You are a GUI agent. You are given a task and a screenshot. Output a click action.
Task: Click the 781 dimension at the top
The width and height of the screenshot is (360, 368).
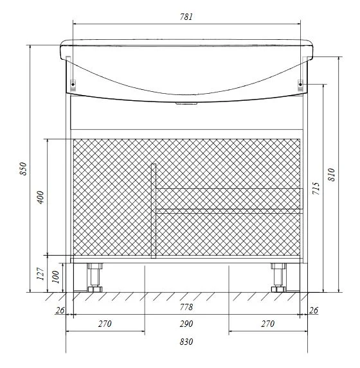tap(186, 17)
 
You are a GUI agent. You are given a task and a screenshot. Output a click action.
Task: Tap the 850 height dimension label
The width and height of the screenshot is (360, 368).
tap(24, 168)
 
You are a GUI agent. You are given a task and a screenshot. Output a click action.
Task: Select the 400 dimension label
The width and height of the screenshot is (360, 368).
tap(40, 197)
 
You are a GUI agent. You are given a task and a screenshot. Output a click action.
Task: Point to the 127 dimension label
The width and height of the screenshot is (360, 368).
tap(40, 274)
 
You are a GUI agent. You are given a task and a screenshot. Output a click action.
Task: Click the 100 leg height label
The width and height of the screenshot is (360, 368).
tap(55, 277)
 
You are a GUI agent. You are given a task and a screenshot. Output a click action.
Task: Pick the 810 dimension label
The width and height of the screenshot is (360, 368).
tap(331, 175)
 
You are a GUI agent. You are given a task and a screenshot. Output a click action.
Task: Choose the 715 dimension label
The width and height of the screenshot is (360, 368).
tap(316, 188)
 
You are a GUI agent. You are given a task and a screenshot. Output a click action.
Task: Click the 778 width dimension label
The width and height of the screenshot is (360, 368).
tap(186, 307)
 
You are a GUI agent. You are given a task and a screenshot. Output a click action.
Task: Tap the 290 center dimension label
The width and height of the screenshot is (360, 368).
tap(186, 324)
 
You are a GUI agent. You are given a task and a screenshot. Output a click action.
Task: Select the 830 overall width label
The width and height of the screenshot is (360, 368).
tap(186, 342)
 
